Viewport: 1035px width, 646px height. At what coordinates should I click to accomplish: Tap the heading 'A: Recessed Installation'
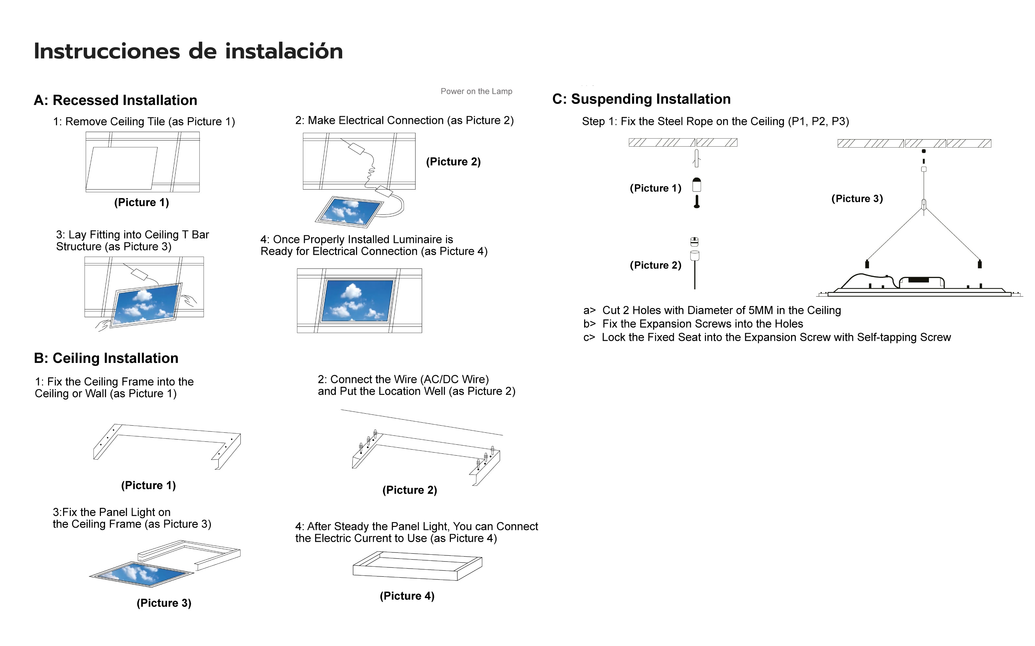pyautogui.click(x=115, y=100)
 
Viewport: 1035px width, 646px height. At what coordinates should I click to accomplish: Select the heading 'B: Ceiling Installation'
pyautogui.click(x=106, y=358)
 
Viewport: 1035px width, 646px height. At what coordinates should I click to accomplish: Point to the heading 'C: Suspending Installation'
pyautogui.click(x=641, y=99)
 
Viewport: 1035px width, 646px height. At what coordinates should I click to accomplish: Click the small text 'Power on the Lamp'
pyautogui.click(x=476, y=92)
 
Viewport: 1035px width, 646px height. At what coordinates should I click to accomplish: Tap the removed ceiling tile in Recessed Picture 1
pyautogui.click(x=122, y=168)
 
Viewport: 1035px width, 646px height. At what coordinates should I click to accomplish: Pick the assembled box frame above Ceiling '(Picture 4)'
pyautogui.click(x=417, y=566)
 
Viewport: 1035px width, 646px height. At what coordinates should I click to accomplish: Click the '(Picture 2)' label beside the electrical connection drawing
pyautogui.click(x=453, y=162)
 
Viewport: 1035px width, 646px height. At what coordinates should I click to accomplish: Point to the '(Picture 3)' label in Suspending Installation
pyautogui.click(x=857, y=199)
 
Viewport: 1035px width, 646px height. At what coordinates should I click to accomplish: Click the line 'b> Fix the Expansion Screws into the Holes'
pyautogui.click(x=693, y=324)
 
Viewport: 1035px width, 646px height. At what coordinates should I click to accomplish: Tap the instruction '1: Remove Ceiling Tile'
pyautogui.click(x=144, y=122)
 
